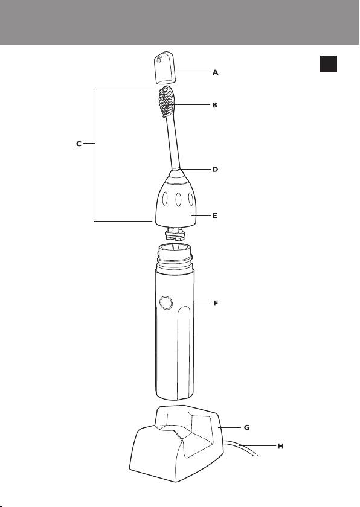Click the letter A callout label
(216, 72)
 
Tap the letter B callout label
(215, 105)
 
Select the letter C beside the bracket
(79, 144)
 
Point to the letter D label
(216, 169)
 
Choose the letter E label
(215, 215)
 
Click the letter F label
(216, 303)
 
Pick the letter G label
(247, 427)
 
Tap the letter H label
(281, 446)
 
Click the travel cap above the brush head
(164, 67)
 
